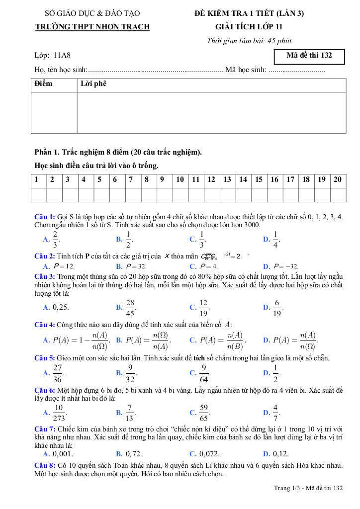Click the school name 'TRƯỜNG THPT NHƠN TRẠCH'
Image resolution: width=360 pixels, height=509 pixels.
[x=92, y=27]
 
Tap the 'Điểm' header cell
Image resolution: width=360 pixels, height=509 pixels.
[x=43, y=84]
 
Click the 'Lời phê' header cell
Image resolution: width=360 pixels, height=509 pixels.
[x=93, y=84]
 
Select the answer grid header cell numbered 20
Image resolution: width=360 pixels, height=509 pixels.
[x=338, y=180]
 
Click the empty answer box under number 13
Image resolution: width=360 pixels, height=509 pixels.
[x=227, y=195]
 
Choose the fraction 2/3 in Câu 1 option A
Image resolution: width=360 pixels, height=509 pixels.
[x=55, y=239]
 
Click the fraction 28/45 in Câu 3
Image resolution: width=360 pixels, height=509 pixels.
[x=130, y=307]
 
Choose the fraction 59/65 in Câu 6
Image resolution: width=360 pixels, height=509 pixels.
[x=203, y=413]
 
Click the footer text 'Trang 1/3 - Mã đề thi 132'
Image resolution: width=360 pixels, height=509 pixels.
[x=308, y=489]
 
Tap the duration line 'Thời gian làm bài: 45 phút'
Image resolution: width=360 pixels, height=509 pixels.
[x=253, y=41]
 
